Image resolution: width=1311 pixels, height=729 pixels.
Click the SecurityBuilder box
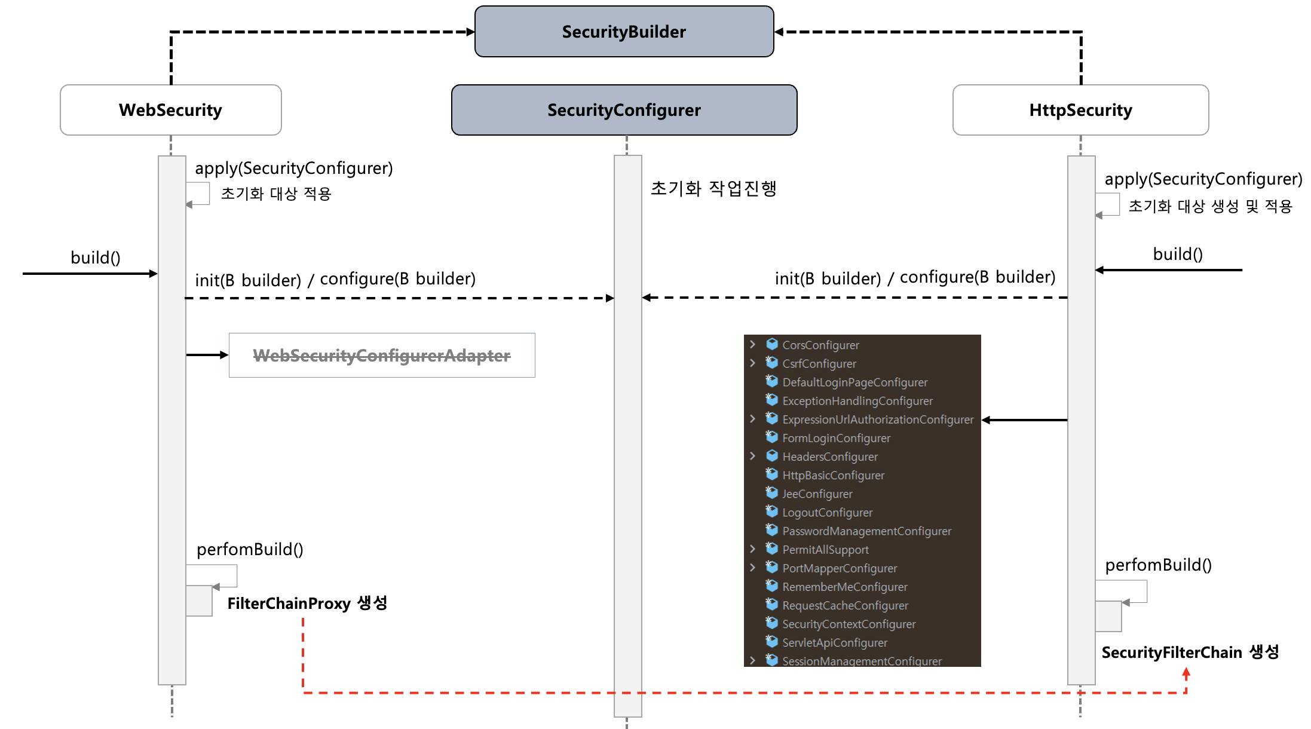624,32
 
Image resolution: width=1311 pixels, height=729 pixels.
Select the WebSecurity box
170,110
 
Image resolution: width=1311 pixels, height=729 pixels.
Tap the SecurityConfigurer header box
624,110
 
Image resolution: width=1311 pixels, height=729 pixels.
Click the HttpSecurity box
1080,110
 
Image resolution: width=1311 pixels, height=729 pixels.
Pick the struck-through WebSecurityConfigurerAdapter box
382,356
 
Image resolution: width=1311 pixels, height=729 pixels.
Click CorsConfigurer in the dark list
820,345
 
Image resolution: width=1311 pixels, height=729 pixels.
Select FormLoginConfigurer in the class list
836,438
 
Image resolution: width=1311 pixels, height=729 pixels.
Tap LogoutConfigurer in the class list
827,512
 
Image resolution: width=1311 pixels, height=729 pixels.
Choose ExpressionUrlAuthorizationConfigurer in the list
877,419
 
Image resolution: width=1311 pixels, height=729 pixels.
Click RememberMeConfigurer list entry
844,587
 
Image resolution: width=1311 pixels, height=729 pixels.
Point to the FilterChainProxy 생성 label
307,603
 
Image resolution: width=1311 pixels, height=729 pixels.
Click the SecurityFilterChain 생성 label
1190,652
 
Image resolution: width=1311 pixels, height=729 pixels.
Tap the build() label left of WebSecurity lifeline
96,258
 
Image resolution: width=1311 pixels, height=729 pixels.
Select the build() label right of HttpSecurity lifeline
1177,254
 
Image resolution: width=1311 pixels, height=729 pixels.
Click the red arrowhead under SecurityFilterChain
1186,673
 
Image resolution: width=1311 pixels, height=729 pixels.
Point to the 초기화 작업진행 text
713,188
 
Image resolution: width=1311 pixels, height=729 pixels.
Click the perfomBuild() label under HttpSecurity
1158,565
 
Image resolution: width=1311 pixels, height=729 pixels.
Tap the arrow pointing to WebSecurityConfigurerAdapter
207,355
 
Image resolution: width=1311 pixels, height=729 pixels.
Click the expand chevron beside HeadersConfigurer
753,456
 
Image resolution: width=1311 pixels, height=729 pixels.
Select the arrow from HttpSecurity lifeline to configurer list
1024,420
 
